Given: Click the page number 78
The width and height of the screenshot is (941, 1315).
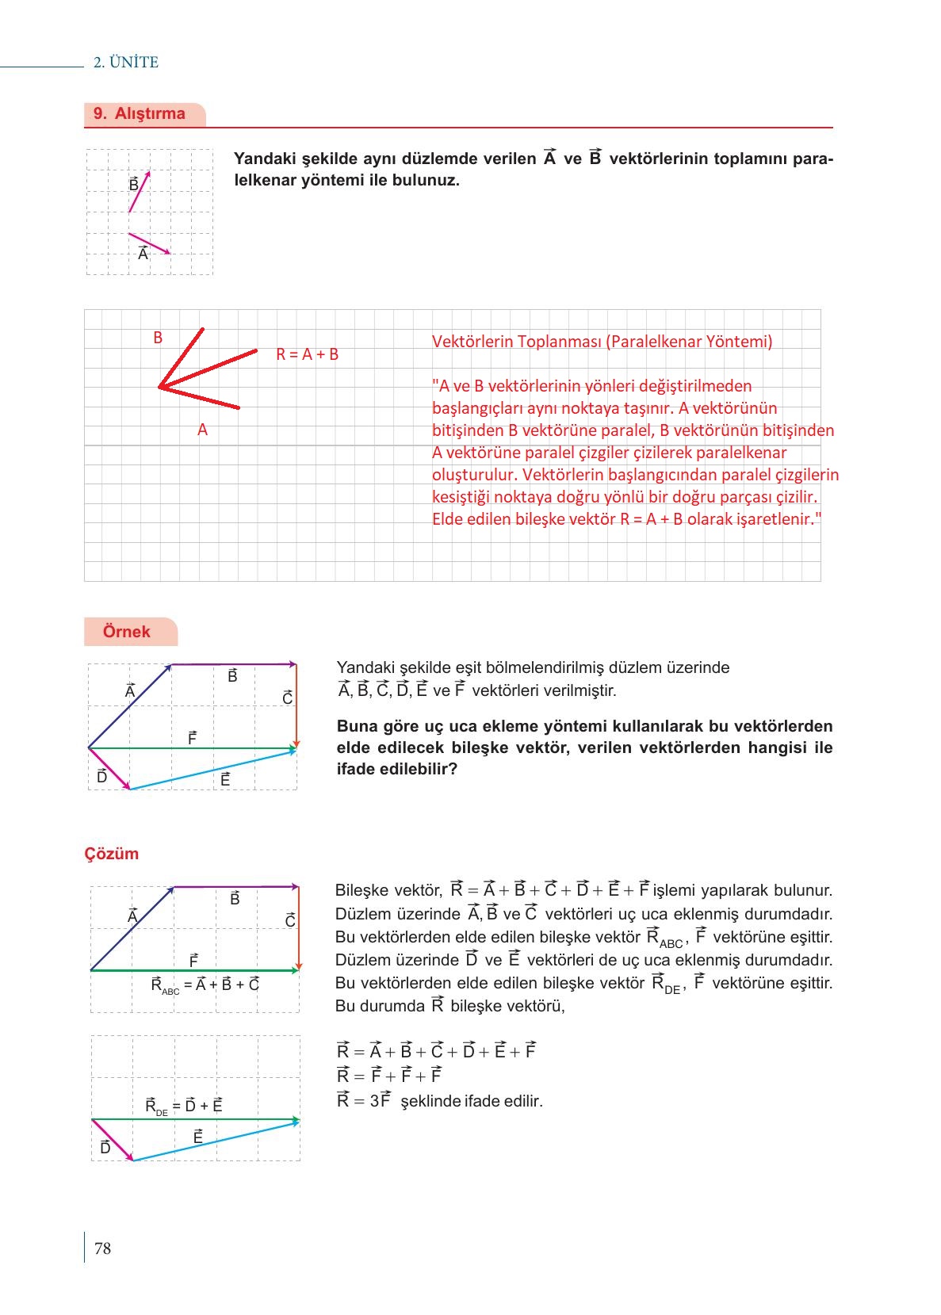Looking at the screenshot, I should (x=103, y=1248).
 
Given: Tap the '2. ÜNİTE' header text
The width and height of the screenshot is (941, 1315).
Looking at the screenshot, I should (x=126, y=63).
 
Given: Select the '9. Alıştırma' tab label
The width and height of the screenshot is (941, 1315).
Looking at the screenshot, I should (x=140, y=113).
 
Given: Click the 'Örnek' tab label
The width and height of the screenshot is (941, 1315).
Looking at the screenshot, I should (x=127, y=632).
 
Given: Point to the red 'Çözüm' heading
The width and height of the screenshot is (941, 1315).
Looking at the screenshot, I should (x=112, y=854).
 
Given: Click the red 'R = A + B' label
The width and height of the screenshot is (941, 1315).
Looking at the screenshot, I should (x=307, y=354).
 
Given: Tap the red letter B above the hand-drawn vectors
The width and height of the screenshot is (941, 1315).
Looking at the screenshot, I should (x=158, y=338).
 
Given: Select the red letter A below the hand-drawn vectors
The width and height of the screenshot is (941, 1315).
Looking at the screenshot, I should (x=202, y=430).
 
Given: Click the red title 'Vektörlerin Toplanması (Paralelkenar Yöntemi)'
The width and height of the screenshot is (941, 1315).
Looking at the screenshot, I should (x=602, y=342).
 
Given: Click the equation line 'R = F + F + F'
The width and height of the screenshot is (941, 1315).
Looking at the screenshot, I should (x=389, y=1076).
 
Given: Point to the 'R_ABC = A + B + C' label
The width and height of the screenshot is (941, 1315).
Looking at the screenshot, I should (x=205, y=985).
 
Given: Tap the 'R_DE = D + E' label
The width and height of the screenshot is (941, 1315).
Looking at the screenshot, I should (x=184, y=1106).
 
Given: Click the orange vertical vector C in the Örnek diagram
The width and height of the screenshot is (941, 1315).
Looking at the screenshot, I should (x=296, y=705).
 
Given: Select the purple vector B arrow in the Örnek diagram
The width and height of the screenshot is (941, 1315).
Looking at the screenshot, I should (x=234, y=664).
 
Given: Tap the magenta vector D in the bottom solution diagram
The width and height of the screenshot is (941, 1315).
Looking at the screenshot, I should (x=113, y=1140).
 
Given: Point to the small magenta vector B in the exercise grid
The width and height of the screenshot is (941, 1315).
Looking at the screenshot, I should (x=139, y=193).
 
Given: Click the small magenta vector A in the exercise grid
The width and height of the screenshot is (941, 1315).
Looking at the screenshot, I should (x=149, y=243).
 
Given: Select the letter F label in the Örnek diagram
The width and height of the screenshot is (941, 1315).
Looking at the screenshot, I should (x=193, y=738).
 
